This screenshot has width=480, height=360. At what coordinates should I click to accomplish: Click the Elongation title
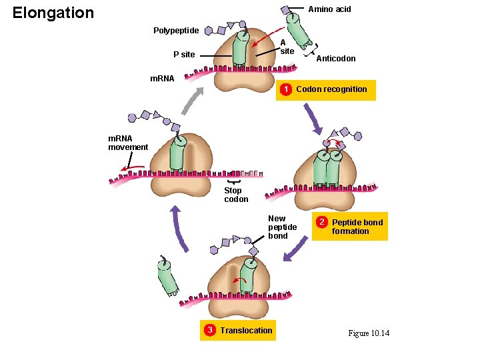click(53, 13)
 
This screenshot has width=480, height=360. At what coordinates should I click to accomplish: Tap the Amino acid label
click(329, 9)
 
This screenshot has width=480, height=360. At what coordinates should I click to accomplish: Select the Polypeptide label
click(175, 31)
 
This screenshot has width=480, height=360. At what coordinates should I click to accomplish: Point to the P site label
click(184, 55)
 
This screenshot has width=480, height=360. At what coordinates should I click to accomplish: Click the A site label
click(287, 47)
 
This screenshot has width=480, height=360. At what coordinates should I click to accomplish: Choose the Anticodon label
click(335, 59)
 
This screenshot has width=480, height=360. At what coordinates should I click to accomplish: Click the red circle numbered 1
click(285, 89)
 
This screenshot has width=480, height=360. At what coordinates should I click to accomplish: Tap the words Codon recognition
click(331, 89)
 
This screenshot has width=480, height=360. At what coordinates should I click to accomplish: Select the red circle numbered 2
click(321, 221)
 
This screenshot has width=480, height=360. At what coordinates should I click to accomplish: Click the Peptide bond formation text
click(357, 227)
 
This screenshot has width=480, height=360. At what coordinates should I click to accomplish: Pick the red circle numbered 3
click(209, 330)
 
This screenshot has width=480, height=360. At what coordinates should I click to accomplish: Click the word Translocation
click(246, 330)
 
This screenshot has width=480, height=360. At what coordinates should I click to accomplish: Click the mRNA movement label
click(128, 143)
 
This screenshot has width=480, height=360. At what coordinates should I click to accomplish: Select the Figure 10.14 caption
click(369, 333)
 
